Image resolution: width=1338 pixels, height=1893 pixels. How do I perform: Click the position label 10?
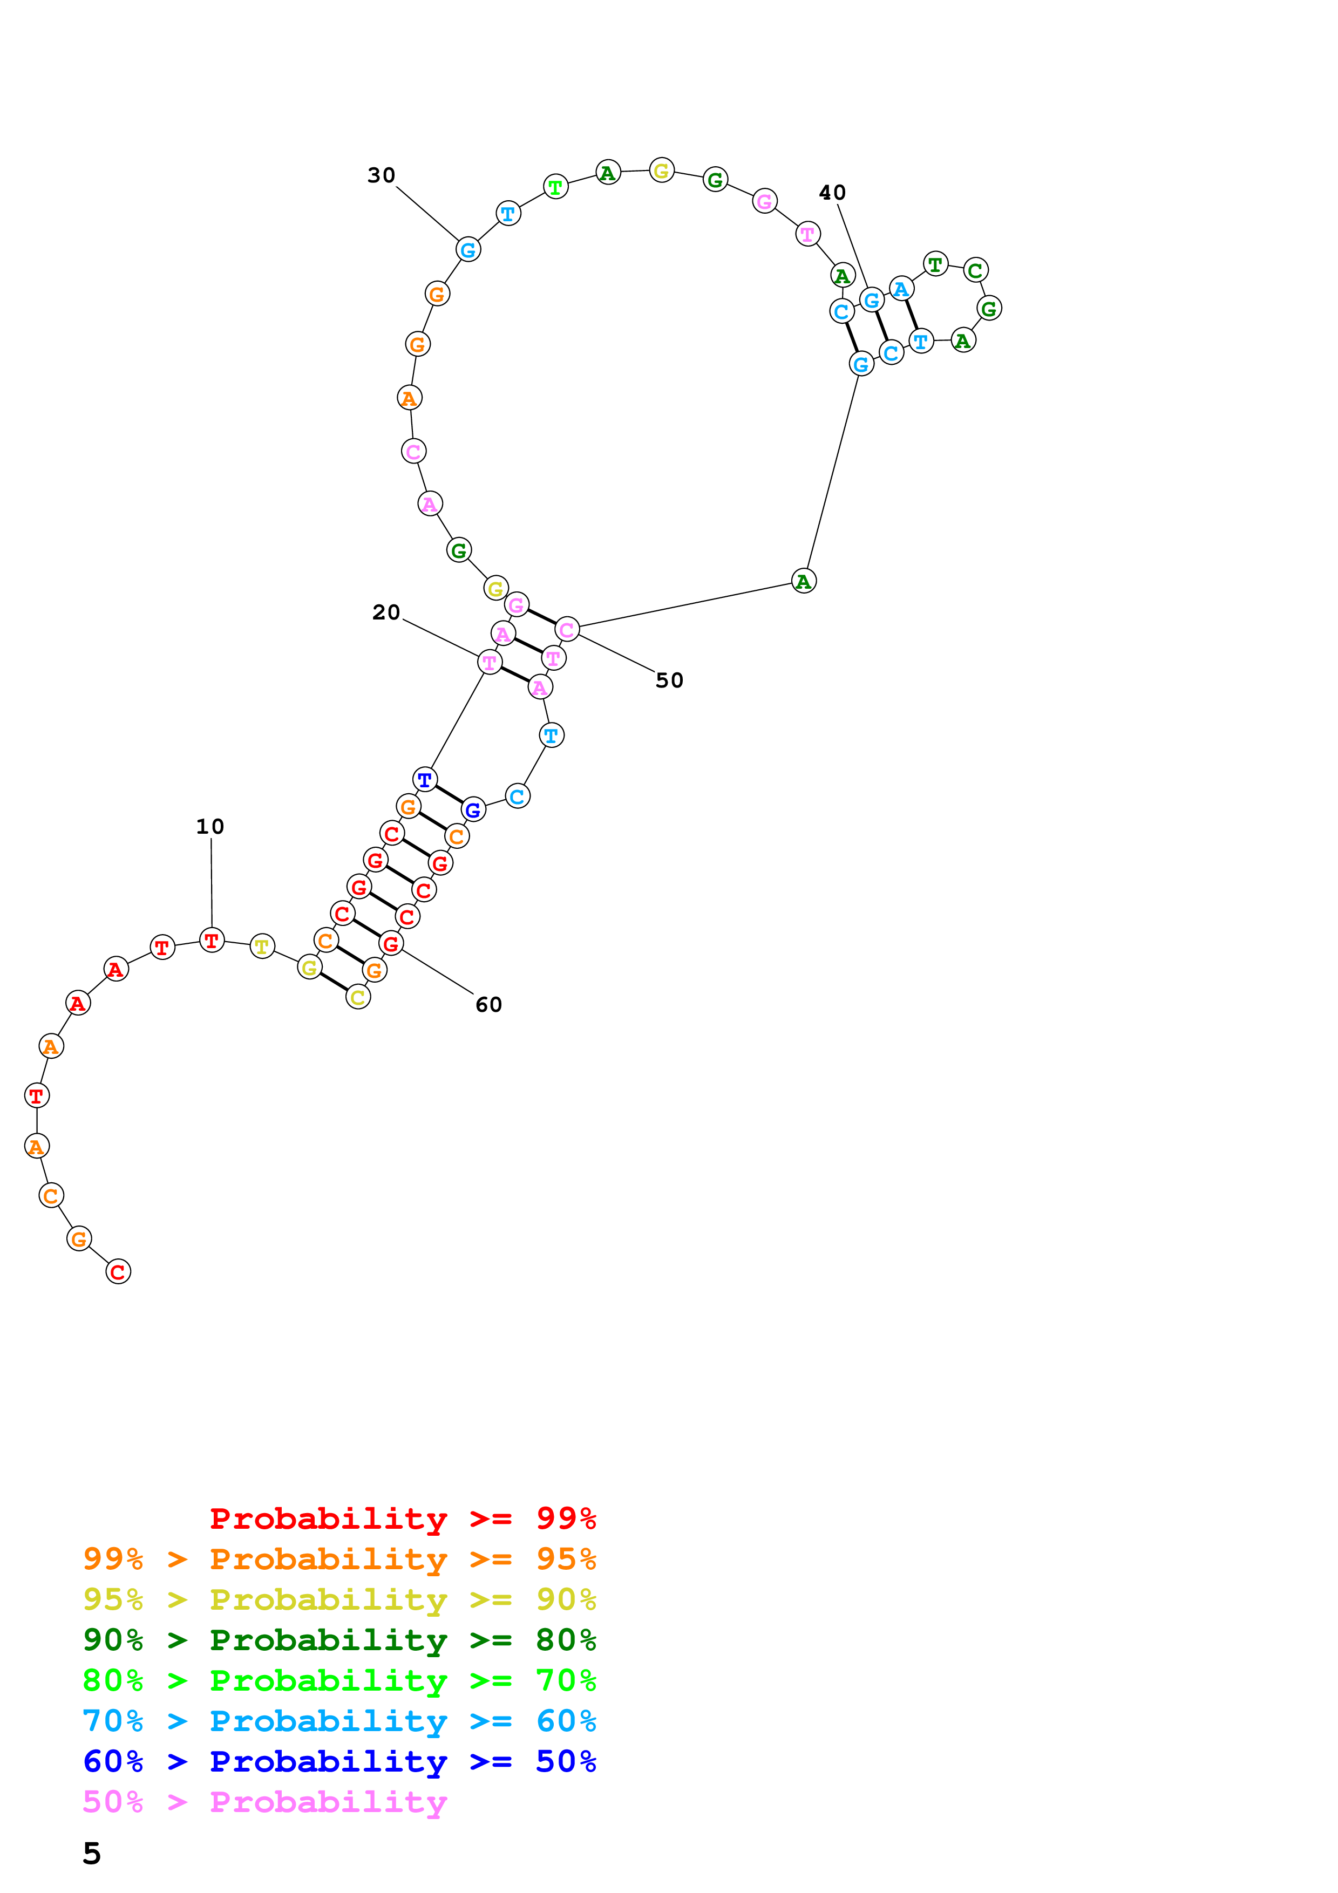click(x=210, y=826)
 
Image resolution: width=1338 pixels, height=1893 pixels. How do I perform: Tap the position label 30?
click(x=382, y=175)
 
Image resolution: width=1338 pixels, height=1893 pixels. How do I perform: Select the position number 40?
click(x=832, y=192)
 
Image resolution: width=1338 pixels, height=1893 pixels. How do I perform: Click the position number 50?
click(x=669, y=680)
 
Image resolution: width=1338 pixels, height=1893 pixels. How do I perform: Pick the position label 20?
click(x=386, y=612)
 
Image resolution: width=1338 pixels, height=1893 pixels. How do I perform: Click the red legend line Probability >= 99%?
click(x=402, y=1519)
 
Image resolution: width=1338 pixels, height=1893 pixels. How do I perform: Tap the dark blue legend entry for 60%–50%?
click(x=339, y=1761)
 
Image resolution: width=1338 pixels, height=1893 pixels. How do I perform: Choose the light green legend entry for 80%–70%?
click(x=339, y=1680)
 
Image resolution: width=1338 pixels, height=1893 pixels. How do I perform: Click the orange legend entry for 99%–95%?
click(x=339, y=1559)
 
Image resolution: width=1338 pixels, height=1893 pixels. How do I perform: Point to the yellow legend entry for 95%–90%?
click(x=339, y=1599)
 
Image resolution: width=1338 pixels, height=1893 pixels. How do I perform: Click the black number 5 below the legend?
click(x=92, y=1854)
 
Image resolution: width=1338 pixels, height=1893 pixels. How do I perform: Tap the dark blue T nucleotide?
click(x=425, y=779)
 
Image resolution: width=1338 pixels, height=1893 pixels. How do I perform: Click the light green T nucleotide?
click(x=555, y=187)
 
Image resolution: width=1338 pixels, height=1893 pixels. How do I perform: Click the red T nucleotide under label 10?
click(x=212, y=940)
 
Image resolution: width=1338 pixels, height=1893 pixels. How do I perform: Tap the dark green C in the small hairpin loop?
click(x=975, y=270)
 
